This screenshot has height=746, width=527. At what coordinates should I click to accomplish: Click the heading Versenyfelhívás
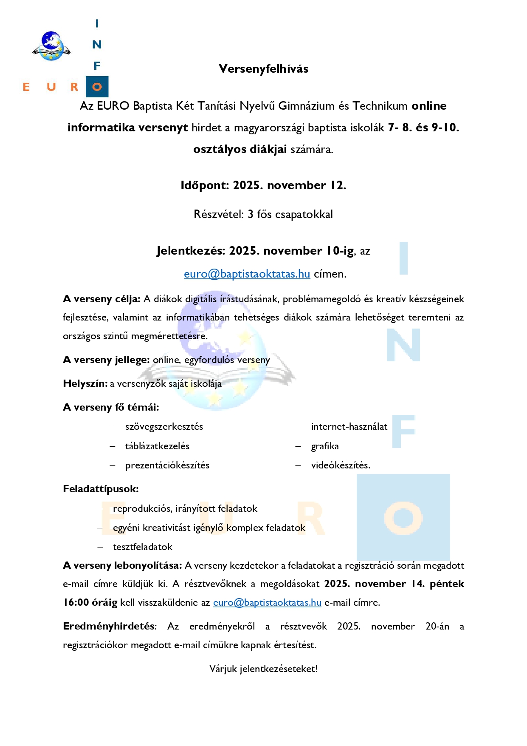pos(263,69)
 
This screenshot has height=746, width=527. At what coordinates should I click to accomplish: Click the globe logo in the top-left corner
pos(51,46)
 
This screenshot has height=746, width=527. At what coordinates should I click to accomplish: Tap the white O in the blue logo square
pos(97,87)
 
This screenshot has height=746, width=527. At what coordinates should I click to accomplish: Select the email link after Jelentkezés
pos(247,274)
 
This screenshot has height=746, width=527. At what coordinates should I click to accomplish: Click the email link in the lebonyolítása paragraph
pos(267,602)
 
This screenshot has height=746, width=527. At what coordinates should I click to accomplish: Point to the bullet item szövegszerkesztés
pos(164,427)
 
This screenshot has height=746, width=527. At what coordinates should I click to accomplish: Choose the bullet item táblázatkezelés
pos(157,446)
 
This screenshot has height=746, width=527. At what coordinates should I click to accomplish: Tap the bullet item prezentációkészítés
pos(167,465)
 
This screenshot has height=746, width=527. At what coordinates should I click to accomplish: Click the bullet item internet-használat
pos(349,427)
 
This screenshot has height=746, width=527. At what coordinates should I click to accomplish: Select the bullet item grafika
pos(325,446)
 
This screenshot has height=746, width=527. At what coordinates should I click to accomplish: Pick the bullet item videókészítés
pos(341,465)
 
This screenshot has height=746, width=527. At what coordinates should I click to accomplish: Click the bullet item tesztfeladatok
pos(143,547)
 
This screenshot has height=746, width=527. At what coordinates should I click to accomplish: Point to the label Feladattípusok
pos(101,489)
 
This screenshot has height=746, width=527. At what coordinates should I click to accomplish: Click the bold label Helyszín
pos(85,383)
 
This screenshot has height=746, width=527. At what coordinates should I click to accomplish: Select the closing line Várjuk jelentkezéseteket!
pos(263,669)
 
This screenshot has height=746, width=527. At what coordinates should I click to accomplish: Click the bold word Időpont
pos(205,185)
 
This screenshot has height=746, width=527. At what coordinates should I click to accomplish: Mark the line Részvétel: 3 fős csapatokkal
pos(263,214)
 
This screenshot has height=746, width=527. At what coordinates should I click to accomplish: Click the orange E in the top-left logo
pos(26,87)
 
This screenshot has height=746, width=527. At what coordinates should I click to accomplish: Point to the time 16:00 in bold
pos(76,602)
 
